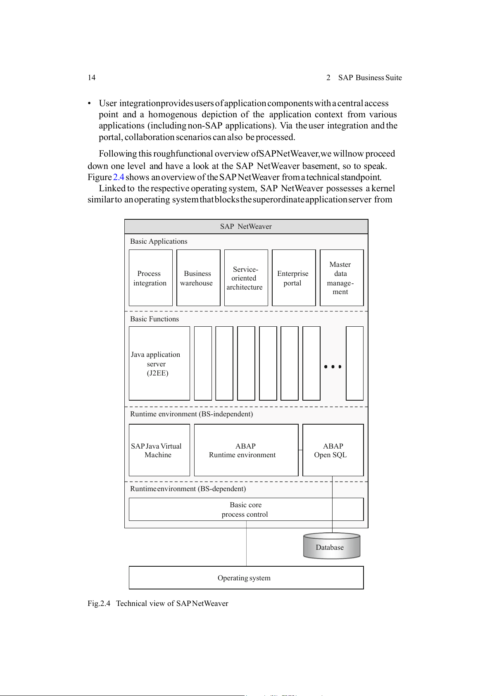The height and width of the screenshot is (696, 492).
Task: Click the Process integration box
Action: (150, 278)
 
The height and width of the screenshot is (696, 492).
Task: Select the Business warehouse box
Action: (198, 278)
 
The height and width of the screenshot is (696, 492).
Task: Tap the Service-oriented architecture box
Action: (246, 278)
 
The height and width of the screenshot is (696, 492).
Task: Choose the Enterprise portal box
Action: (293, 278)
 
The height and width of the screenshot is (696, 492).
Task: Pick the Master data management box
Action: (341, 278)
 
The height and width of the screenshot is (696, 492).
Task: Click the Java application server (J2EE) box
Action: (159, 363)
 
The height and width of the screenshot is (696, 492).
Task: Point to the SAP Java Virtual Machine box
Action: (159, 450)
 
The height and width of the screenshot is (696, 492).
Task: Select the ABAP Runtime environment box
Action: (246, 450)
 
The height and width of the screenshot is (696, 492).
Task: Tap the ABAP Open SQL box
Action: (333, 450)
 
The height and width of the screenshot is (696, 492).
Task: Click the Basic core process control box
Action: (246, 509)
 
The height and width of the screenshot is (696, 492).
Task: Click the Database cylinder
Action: (331, 546)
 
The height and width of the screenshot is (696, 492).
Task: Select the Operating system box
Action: (246, 578)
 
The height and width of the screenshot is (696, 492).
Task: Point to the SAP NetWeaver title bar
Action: (246, 226)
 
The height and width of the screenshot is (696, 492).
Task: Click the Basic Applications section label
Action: (159, 241)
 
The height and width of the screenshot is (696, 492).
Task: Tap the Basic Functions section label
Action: (154, 319)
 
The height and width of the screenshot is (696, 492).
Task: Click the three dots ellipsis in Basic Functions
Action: (333, 366)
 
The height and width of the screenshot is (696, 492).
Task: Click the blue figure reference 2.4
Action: (119, 177)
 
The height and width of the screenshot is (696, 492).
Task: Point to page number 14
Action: (91, 78)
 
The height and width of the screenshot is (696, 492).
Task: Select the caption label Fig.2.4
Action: (99, 603)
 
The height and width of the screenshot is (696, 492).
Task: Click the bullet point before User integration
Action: (89, 103)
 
